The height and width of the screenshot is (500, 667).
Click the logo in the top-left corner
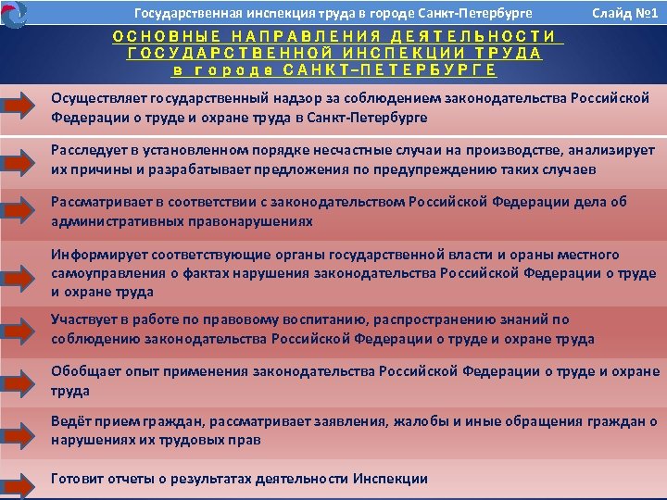tap(15, 13)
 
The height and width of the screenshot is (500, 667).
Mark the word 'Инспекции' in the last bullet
tap(391, 479)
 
